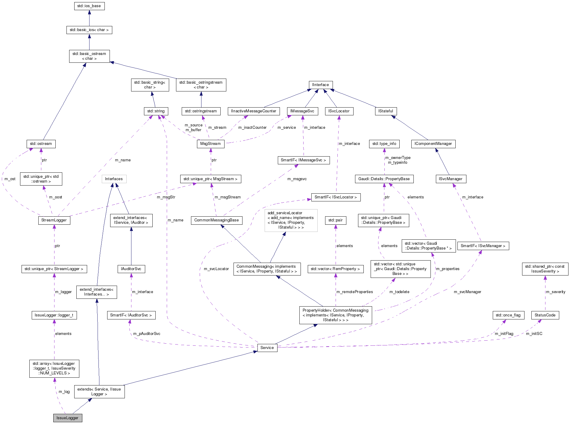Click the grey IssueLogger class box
68,418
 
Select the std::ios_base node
89,6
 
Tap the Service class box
267,348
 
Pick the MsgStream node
210,144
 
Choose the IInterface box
321,85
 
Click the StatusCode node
545,315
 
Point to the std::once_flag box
508,315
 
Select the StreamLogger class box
54,220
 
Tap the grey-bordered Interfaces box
114,179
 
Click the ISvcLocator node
339,111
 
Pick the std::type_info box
384,144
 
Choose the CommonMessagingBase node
216,220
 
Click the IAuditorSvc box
131,269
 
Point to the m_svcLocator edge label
216,269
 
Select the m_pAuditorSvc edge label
147,334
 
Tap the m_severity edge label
555,292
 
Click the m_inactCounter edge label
252,128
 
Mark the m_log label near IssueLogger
64,392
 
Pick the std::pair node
335,220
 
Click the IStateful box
386,111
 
